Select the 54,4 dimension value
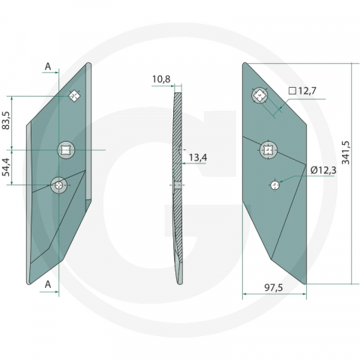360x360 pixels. [7, 166]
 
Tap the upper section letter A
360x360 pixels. [48, 67]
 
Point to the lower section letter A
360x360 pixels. [48, 283]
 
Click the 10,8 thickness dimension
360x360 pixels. [161, 78]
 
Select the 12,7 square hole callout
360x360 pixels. [304, 91]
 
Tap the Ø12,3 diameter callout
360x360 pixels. [322, 170]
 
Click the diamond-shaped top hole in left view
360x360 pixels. [74, 95]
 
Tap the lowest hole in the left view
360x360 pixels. [58, 184]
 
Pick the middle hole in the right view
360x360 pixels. [267, 150]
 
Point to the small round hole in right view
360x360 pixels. [275, 184]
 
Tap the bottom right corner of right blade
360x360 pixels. [307, 283]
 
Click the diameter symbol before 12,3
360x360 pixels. [311, 170]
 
